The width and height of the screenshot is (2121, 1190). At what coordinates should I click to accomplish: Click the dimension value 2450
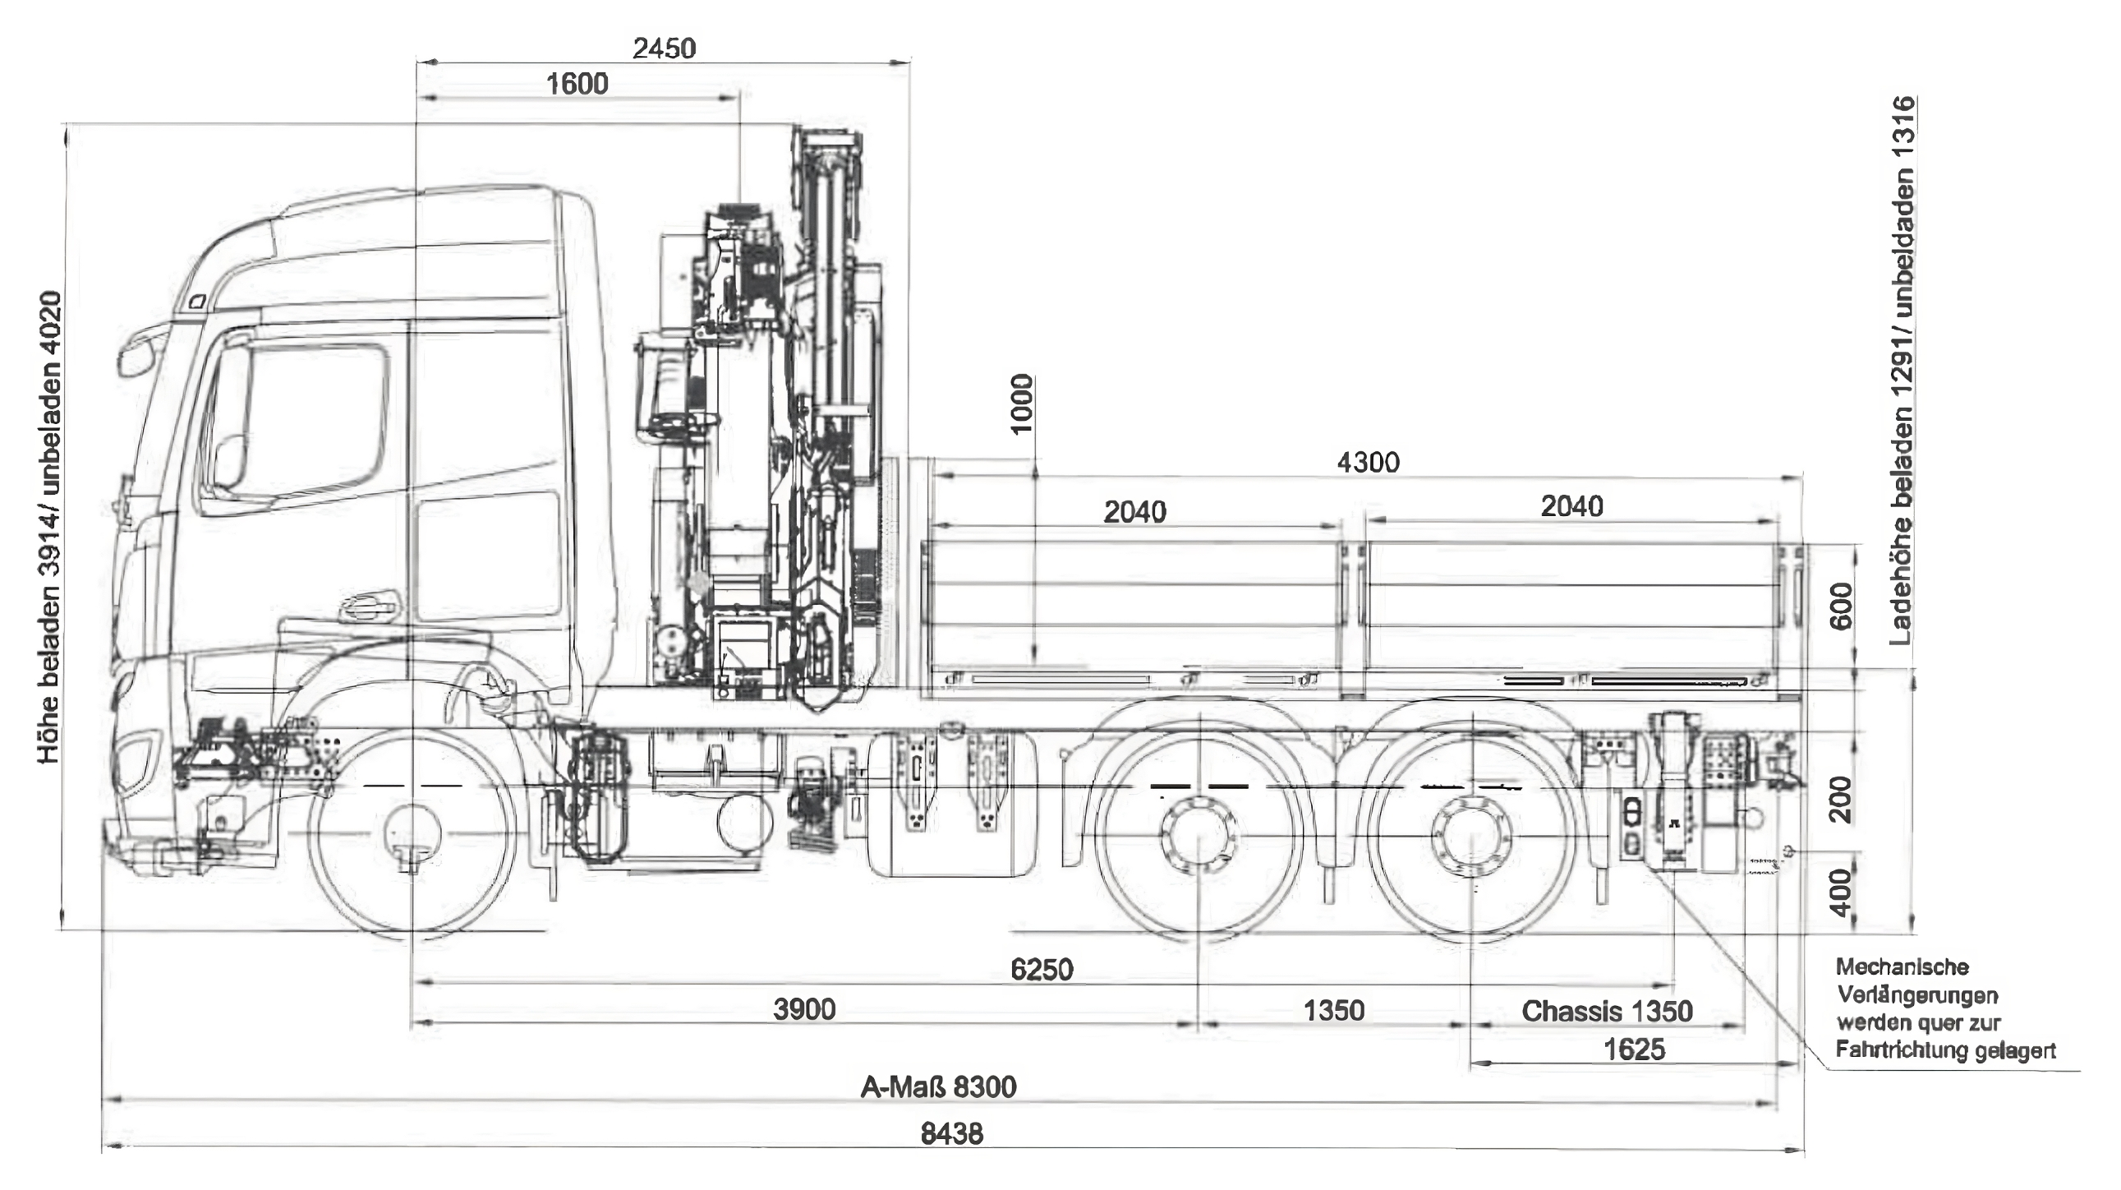664,48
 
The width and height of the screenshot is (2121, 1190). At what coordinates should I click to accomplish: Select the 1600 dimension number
577,84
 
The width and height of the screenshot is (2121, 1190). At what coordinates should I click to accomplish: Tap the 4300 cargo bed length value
1368,462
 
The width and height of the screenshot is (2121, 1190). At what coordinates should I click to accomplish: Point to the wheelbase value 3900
803,1009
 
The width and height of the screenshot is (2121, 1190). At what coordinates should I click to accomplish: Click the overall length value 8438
952,1134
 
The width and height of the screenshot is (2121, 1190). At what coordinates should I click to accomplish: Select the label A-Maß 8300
939,1087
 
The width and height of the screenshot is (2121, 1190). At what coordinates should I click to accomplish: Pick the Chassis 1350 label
1607,1011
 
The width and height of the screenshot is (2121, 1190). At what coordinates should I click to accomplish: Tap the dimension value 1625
1635,1049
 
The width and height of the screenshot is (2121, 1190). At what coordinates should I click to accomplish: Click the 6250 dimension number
1042,969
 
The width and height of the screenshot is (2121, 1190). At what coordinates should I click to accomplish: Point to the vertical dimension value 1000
1021,404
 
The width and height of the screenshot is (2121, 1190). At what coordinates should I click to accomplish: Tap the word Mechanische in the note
1901,966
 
